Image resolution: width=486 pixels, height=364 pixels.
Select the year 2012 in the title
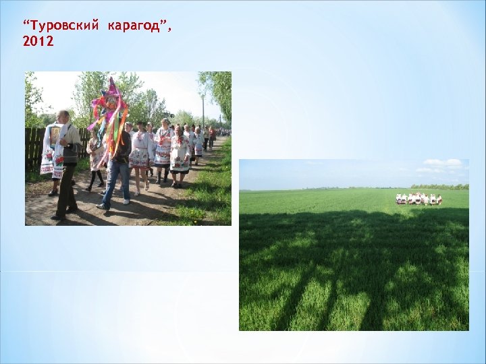(x=38, y=42)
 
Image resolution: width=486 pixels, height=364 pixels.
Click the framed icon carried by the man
(x=55, y=135)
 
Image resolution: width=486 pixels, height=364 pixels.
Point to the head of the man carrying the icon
(x=63, y=117)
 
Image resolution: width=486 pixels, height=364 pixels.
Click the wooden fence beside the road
(x=32, y=147)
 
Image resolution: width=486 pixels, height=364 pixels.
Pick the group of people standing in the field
(x=418, y=199)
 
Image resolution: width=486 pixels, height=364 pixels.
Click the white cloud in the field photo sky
(x=443, y=163)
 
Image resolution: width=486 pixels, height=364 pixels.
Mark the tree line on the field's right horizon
(x=439, y=187)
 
